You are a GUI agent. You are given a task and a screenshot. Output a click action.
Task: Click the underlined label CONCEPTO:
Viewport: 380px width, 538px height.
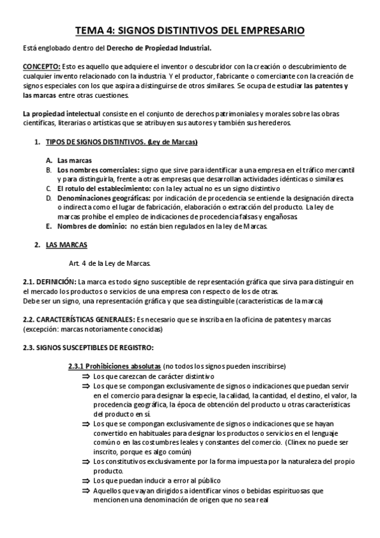[x=41, y=67]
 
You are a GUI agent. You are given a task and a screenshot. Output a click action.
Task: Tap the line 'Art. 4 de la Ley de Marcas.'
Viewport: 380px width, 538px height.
[x=109, y=263]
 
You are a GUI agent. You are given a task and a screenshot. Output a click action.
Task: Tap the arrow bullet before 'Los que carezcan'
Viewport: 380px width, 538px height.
[x=86, y=376]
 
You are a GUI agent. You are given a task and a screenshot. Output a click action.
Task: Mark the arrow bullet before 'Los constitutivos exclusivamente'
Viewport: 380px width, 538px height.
[x=86, y=461]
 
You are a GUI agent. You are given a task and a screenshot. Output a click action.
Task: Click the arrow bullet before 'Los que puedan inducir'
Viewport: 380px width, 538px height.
[x=86, y=480]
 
